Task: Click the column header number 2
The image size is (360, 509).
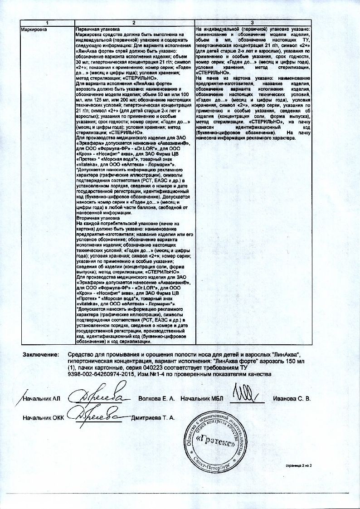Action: [134, 23]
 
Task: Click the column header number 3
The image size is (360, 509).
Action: [253, 23]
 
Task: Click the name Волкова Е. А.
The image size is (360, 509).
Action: [156, 399]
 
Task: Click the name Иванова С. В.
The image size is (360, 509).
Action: [292, 399]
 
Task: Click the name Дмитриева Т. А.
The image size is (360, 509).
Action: [152, 417]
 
